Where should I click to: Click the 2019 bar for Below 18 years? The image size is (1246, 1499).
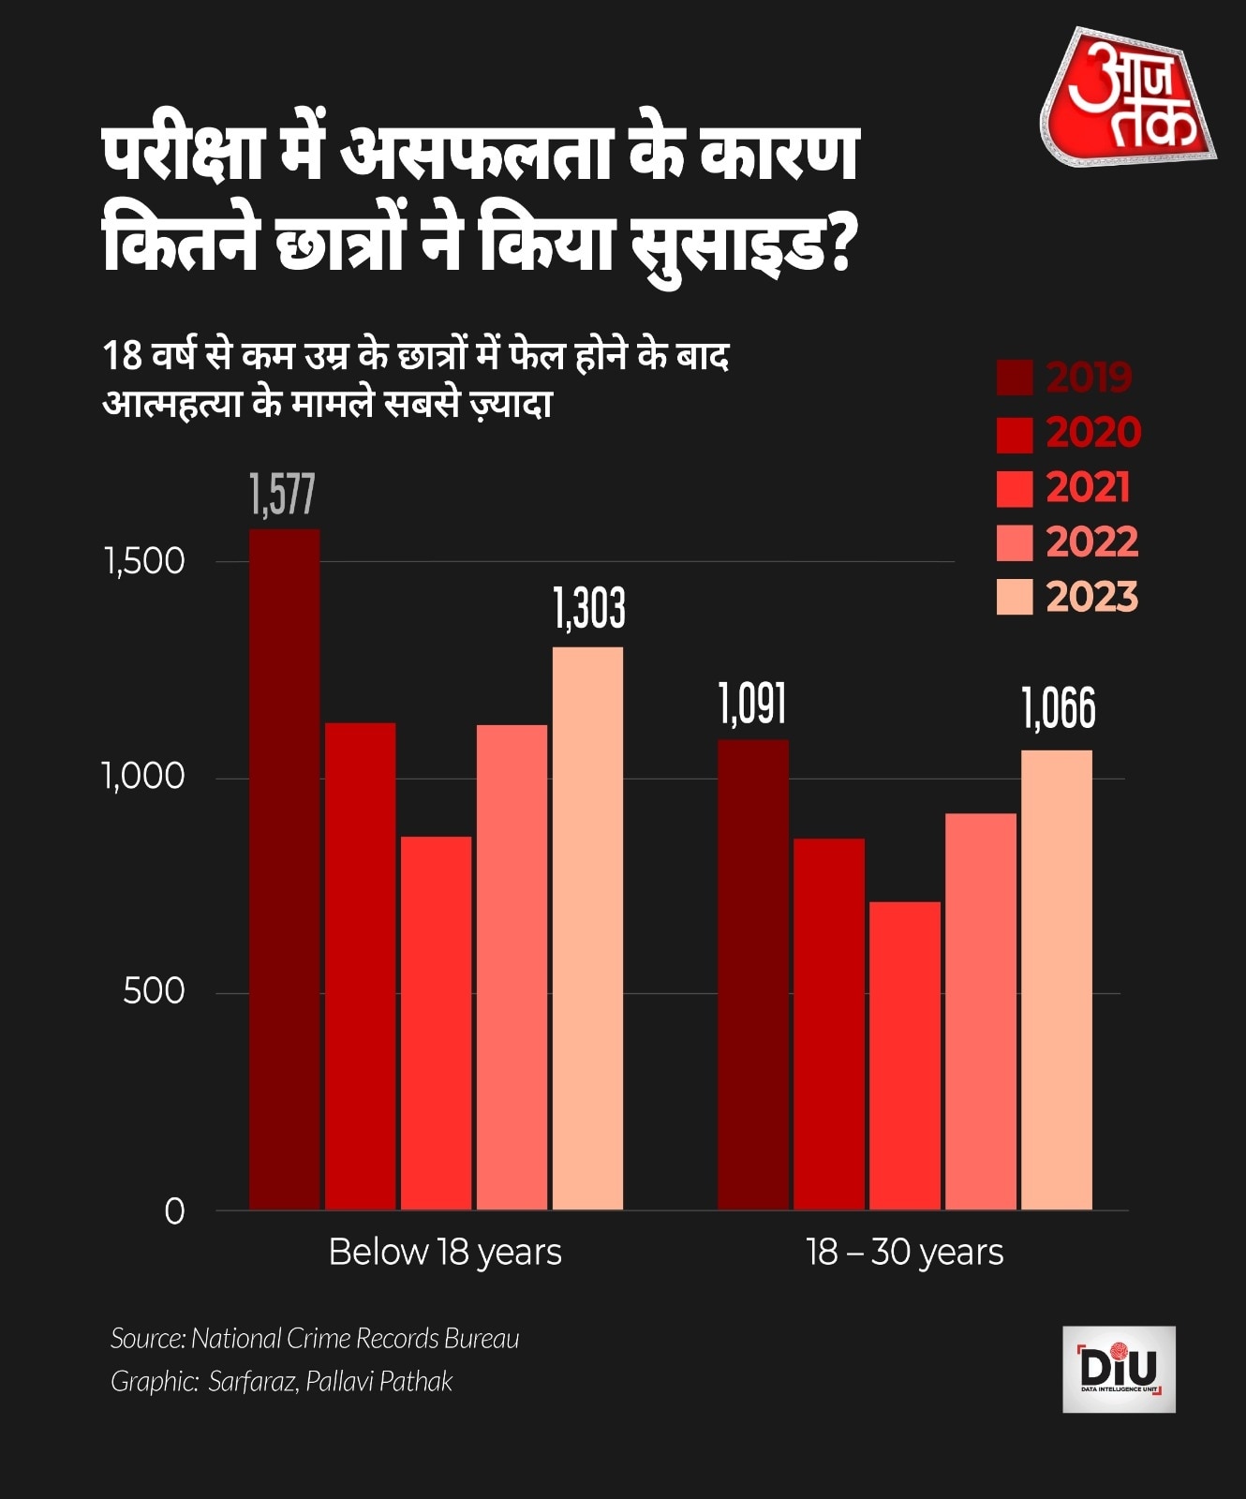point(284,868)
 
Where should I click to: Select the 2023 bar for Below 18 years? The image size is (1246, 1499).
point(587,928)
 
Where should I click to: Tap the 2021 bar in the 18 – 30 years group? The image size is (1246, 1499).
point(904,1055)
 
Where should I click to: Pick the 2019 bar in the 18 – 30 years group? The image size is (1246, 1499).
point(752,974)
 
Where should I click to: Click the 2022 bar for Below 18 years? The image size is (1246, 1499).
point(512,967)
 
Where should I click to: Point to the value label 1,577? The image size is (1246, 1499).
point(282,495)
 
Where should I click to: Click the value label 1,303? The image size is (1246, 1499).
point(588,609)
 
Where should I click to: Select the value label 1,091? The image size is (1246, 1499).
point(752,705)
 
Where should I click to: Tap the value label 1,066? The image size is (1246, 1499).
point(1058,709)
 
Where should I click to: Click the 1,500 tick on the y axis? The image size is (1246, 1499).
point(145,561)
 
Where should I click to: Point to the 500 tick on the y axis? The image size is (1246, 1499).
point(155,991)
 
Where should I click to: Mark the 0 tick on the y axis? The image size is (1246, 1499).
point(174,1211)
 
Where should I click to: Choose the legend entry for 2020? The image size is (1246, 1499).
point(1069,433)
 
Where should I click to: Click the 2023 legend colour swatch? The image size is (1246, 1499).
point(1014,597)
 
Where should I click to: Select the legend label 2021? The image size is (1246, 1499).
point(1088,488)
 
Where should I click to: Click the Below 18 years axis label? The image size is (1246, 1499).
point(445,1253)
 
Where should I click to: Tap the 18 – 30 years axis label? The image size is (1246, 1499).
point(904,1253)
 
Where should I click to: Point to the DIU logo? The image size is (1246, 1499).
point(1119,1369)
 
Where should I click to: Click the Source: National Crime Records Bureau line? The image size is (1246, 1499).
point(315,1339)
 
